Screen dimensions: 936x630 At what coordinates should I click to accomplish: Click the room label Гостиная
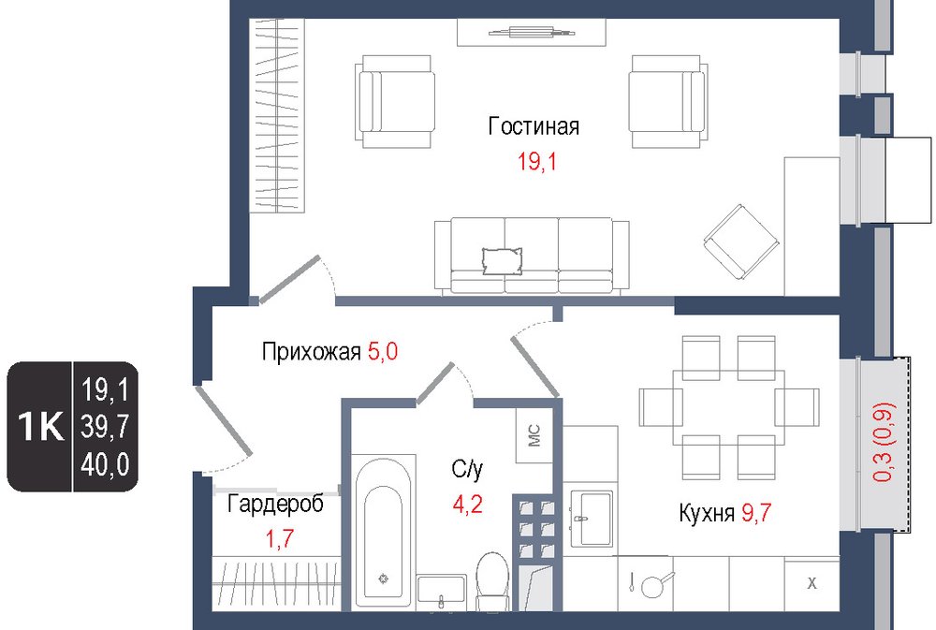coord(534,126)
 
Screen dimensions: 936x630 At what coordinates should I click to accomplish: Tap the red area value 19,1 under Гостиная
coord(536,161)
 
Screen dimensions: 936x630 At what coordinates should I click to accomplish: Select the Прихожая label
coord(311,352)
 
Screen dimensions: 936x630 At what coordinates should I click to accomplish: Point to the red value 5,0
coord(383,351)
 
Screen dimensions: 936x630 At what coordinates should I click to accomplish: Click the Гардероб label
coord(276,504)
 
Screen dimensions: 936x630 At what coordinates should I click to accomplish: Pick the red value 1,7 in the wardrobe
coord(279,538)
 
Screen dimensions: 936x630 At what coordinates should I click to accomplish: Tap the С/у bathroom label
coord(467,469)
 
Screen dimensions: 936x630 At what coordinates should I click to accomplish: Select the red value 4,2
coord(467,505)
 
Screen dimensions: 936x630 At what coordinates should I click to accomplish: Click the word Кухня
coord(707,513)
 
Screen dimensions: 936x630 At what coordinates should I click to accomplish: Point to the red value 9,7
coord(756,512)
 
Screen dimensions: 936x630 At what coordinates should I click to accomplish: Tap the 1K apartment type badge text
coord(40,426)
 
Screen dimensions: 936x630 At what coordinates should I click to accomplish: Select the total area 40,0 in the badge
coord(105,464)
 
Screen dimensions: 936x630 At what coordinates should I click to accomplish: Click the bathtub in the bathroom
coord(383,532)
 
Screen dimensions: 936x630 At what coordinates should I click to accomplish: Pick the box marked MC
coord(534,435)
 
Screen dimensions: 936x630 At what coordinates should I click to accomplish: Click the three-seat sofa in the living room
coord(532,256)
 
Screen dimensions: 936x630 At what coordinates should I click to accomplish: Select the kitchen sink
coord(591,519)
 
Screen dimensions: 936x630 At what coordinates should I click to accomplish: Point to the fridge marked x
coord(812,583)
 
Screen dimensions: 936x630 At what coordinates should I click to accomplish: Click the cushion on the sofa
coord(502,261)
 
